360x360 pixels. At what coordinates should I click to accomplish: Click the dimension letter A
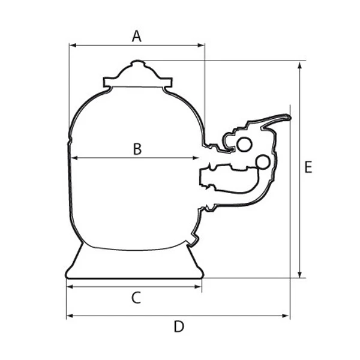point(137,36)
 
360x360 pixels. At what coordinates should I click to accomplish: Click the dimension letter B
point(137,149)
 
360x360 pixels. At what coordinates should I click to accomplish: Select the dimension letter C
point(136,298)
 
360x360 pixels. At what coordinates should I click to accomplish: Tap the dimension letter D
point(179,326)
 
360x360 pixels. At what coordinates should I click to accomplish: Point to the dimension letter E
point(308,167)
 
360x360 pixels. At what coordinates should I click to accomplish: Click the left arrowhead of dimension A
point(73,45)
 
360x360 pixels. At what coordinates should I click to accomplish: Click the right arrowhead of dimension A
point(202,45)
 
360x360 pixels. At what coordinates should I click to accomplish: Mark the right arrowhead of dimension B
point(196,158)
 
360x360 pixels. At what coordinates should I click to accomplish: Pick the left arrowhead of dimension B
point(74,158)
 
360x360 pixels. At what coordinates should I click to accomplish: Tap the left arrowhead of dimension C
point(70,287)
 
